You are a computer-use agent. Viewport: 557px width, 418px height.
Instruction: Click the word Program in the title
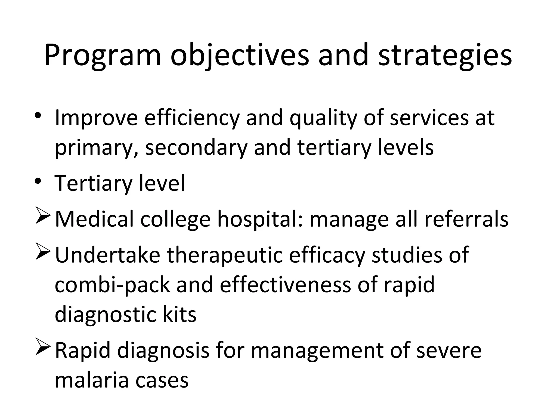pyautogui.click(x=103, y=56)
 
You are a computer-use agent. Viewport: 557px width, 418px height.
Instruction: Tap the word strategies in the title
pyautogui.click(x=445, y=56)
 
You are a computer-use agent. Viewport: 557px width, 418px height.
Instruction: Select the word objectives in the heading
pyautogui.click(x=240, y=56)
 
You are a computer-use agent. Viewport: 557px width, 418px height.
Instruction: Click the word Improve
pyautogui.click(x=96, y=118)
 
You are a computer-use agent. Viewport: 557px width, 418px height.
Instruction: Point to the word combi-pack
pyautogui.click(x=112, y=285)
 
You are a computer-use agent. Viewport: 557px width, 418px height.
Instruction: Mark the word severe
pyautogui.click(x=449, y=351)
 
